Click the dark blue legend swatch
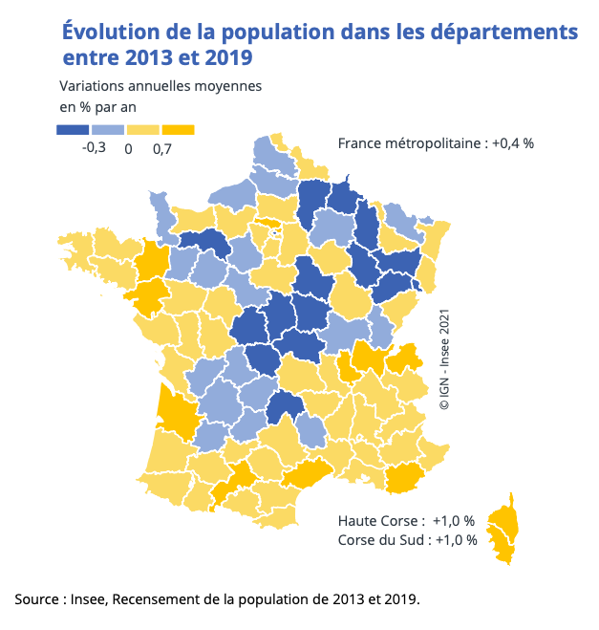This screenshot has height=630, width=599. [74, 129]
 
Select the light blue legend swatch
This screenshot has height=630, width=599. [108, 129]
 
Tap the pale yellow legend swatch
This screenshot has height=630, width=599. [143, 129]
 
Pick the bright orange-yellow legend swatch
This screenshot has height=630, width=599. [178, 129]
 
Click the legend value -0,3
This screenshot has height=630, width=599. [94, 148]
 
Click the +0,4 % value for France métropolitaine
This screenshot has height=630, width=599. [513, 143]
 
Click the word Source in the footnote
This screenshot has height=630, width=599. [37, 599]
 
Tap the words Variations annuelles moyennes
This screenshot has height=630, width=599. [160, 86]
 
